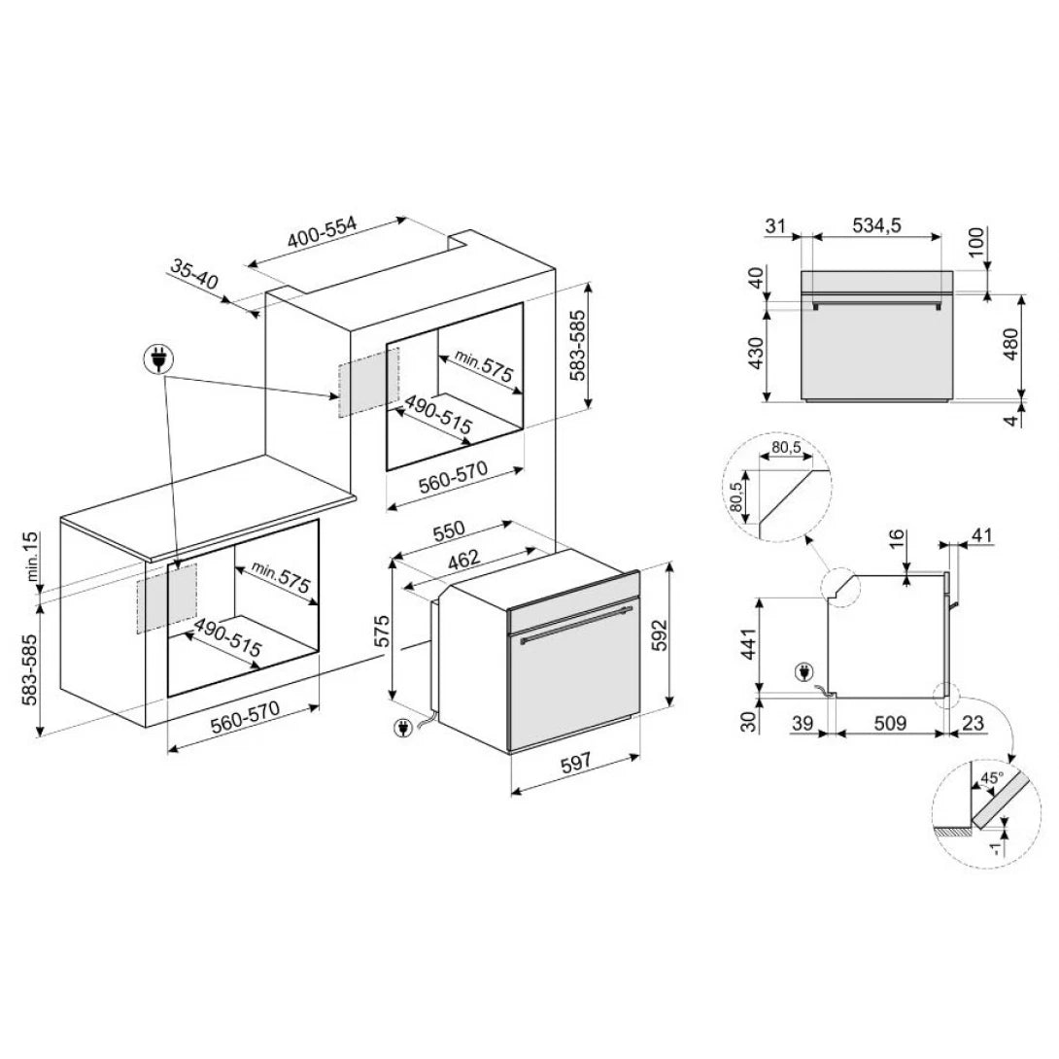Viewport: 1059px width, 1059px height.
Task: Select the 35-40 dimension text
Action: [194, 274]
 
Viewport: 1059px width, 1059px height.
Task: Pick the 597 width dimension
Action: [576, 764]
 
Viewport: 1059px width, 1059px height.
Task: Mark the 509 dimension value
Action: [890, 723]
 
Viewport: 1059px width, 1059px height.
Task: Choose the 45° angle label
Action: [991, 778]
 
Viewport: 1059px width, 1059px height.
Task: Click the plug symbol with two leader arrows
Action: [156, 359]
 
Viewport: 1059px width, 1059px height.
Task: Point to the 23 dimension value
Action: [975, 723]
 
